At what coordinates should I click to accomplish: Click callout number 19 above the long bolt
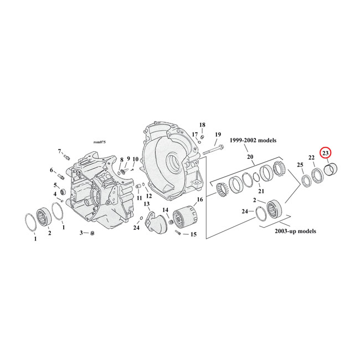[x=218, y=135]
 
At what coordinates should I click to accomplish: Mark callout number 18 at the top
[x=202, y=125]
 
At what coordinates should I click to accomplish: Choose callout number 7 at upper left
[x=60, y=151]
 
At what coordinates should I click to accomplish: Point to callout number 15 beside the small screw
[x=193, y=234]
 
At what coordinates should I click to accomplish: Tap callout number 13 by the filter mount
[x=147, y=204]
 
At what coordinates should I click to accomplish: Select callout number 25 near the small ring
[x=300, y=165]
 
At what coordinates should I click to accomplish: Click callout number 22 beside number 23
[x=312, y=158]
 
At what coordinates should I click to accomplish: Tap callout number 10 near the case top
[x=135, y=160]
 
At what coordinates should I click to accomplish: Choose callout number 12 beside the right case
[x=148, y=196]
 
